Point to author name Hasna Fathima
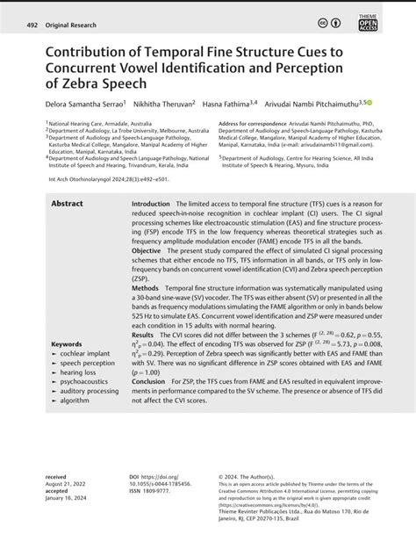230,104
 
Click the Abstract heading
68,203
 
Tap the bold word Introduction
150,203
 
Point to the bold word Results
142,335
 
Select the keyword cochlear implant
86,353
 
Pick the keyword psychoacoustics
86,383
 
